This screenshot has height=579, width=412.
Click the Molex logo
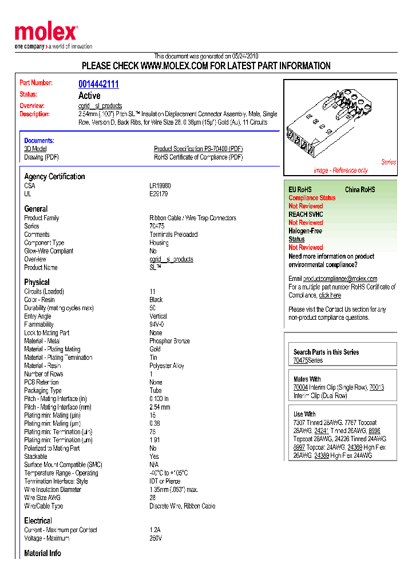(46, 33)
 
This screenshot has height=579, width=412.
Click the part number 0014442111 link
(98, 84)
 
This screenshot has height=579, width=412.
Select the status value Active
(89, 96)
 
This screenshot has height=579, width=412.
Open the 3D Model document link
(35, 149)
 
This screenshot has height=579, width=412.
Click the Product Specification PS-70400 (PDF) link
(198, 149)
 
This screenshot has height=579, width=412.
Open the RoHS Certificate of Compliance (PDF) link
(198, 157)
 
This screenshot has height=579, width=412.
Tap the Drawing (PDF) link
(41, 157)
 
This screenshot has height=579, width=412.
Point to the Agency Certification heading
(54, 177)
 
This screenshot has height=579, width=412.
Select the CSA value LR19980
(160, 186)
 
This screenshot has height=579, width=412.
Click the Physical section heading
(37, 282)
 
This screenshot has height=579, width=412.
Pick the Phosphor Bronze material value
(169, 341)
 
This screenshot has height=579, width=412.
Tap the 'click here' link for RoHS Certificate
(330, 295)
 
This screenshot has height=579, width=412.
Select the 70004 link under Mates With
(300, 387)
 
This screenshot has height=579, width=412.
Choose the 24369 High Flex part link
(355, 447)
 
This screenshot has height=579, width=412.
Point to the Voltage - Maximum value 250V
(156, 538)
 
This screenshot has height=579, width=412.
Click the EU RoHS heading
(300, 189)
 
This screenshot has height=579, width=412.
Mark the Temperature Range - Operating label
(61, 473)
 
